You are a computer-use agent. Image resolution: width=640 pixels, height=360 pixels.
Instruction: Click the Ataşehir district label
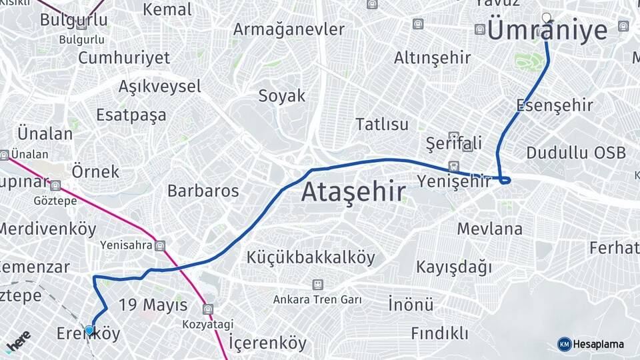pos(353,192)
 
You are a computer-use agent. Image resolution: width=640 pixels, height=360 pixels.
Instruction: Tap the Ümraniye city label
pos(547,31)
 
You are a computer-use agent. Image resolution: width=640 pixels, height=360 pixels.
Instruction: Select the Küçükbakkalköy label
pos(311,257)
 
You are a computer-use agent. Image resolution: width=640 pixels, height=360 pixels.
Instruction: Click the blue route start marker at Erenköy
pos(89,329)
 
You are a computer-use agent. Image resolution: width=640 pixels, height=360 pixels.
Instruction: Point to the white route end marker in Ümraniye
pos(547,17)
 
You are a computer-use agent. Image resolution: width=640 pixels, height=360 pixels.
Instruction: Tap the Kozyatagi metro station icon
pos(209,309)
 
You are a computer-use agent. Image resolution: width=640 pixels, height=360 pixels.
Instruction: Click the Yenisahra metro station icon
pos(160,245)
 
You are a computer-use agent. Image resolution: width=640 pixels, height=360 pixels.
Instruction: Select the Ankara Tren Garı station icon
pos(317,285)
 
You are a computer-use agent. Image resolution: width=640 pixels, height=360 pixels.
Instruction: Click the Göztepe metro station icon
pos(55,185)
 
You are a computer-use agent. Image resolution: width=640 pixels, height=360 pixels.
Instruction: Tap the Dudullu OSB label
pos(576,153)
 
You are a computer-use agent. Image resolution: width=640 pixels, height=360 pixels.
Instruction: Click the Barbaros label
pos(203,191)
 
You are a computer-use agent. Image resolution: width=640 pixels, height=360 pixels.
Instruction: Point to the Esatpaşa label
pos(131,115)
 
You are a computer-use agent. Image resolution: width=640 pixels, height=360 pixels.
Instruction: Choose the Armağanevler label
pos(289,29)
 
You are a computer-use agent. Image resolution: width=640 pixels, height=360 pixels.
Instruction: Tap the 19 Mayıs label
pos(153,305)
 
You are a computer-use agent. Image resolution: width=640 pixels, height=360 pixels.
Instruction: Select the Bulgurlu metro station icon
pos(81,25)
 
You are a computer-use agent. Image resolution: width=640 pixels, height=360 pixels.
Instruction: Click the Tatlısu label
pos(381,125)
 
